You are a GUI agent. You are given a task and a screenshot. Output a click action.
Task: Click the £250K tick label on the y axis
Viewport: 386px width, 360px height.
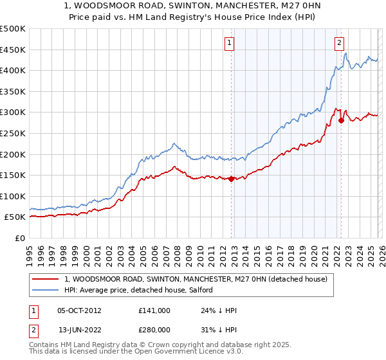pyautogui.click(x=13, y=133)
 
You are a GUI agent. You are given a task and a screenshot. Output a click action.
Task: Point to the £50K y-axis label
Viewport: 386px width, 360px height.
pyautogui.click(x=15, y=217)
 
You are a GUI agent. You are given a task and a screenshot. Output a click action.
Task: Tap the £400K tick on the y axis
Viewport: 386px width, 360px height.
pyautogui.click(x=13, y=70)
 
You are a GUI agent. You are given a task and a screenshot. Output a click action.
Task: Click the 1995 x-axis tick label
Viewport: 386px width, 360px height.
pyautogui.click(x=30, y=249)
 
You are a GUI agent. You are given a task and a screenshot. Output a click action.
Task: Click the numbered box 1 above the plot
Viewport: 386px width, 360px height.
pyautogui.click(x=230, y=44)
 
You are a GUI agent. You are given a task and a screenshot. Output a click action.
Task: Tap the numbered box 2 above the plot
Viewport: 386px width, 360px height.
pyautogui.click(x=339, y=44)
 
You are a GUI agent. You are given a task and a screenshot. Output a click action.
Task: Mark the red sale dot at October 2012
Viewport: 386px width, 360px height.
pyautogui.click(x=231, y=179)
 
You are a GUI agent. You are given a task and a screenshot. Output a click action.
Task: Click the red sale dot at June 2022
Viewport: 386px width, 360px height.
pyautogui.click(x=341, y=121)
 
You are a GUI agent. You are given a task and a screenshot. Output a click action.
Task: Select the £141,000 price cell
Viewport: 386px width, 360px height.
pyautogui.click(x=154, y=310)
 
